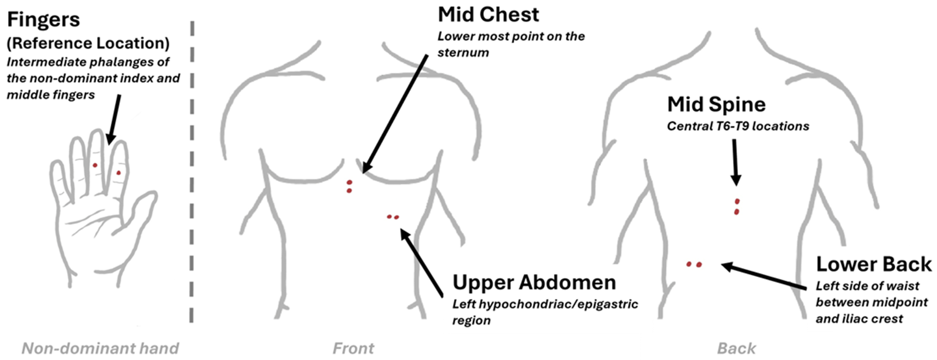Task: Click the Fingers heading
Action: pyautogui.click(x=43, y=20)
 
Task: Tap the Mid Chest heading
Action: pyautogui.click(x=488, y=15)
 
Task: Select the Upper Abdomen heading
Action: pyautogui.click(x=534, y=282)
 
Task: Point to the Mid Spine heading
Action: pyautogui.click(x=716, y=104)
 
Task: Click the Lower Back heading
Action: pyautogui.click(x=874, y=264)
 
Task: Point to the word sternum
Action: pyautogui.click(x=463, y=53)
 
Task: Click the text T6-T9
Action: pyautogui.click(x=730, y=126)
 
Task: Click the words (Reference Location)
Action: pyautogui.click(x=88, y=43)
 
